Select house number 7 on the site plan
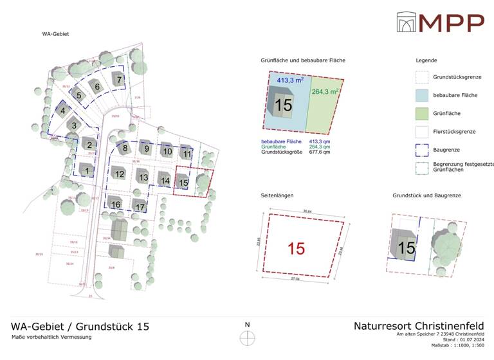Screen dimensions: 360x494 point(118,79)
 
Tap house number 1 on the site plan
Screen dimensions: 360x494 point(87,170)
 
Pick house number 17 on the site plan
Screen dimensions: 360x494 point(140,206)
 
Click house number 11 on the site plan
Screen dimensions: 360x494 point(187,154)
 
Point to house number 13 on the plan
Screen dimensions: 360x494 point(143,177)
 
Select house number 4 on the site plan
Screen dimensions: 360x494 point(63,111)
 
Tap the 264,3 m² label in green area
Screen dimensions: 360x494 point(325,91)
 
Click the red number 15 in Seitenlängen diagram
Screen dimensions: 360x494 point(296,248)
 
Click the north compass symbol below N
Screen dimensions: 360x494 point(247,338)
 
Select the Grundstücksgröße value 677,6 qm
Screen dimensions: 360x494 point(320,152)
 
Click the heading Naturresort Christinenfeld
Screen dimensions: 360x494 point(419,326)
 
